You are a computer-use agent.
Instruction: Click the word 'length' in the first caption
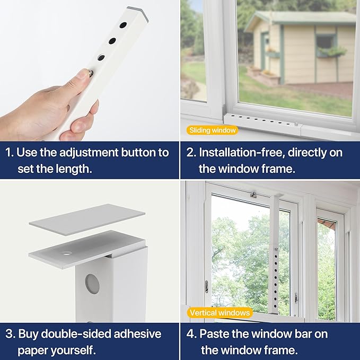tap(73, 169)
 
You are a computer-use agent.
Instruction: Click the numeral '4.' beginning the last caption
tap(191, 334)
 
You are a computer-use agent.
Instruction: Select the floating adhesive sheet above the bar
tap(87, 217)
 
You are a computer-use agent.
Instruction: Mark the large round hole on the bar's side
tap(92, 284)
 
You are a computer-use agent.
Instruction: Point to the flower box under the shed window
tap(332, 52)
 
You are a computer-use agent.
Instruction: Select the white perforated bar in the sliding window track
tap(260, 117)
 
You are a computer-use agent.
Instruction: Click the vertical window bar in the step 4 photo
tap(275, 249)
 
